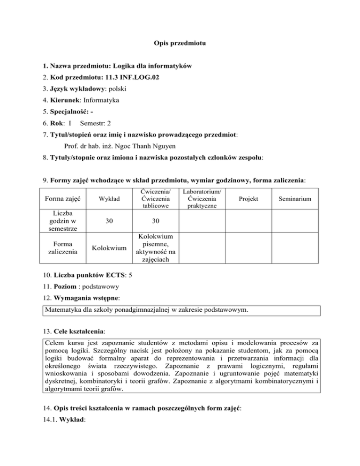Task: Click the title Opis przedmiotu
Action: pos(180,44)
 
